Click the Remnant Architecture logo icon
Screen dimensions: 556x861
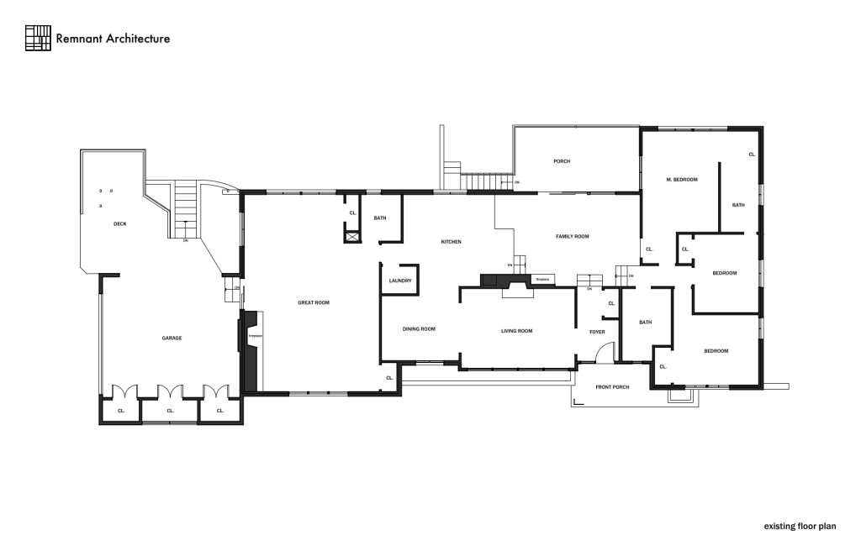pyautogui.click(x=38, y=38)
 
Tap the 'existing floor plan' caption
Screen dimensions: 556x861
pyautogui.click(x=800, y=527)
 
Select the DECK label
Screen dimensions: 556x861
pyautogui.click(x=119, y=223)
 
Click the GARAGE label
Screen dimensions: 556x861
pyautogui.click(x=172, y=338)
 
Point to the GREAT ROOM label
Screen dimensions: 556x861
pyautogui.click(x=313, y=302)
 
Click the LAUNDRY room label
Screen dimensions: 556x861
pyautogui.click(x=400, y=281)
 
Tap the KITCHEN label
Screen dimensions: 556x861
pyautogui.click(x=452, y=242)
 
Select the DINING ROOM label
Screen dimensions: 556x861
pyautogui.click(x=419, y=329)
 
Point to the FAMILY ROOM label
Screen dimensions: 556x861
pyautogui.click(x=572, y=237)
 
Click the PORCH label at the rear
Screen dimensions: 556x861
pyautogui.click(x=562, y=161)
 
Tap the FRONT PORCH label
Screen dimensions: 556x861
pyautogui.click(x=612, y=387)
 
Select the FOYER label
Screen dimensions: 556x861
pyautogui.click(x=597, y=332)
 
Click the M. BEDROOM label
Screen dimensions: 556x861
pyautogui.click(x=682, y=179)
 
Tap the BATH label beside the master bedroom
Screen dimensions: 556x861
pyautogui.click(x=738, y=205)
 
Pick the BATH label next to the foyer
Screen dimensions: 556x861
pyautogui.click(x=645, y=323)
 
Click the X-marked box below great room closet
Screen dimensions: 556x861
pyautogui.click(x=351, y=237)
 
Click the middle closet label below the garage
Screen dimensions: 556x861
pyautogui.click(x=170, y=411)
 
